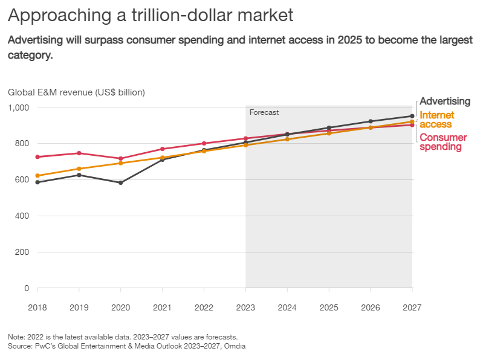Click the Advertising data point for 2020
(x=121, y=182)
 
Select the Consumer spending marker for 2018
(x=37, y=157)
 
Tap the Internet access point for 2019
(x=79, y=169)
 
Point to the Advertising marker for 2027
(x=412, y=116)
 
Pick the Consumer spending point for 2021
(x=163, y=149)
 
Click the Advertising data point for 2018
(x=37, y=182)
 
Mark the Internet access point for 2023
(x=245, y=145)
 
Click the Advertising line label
(x=444, y=101)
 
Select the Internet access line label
(x=436, y=120)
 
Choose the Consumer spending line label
(x=443, y=142)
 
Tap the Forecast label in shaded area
(x=264, y=112)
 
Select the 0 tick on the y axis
(x=27, y=288)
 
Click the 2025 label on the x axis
(x=329, y=307)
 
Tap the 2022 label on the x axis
(x=204, y=307)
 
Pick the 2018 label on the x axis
(x=37, y=307)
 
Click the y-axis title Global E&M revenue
(x=76, y=92)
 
